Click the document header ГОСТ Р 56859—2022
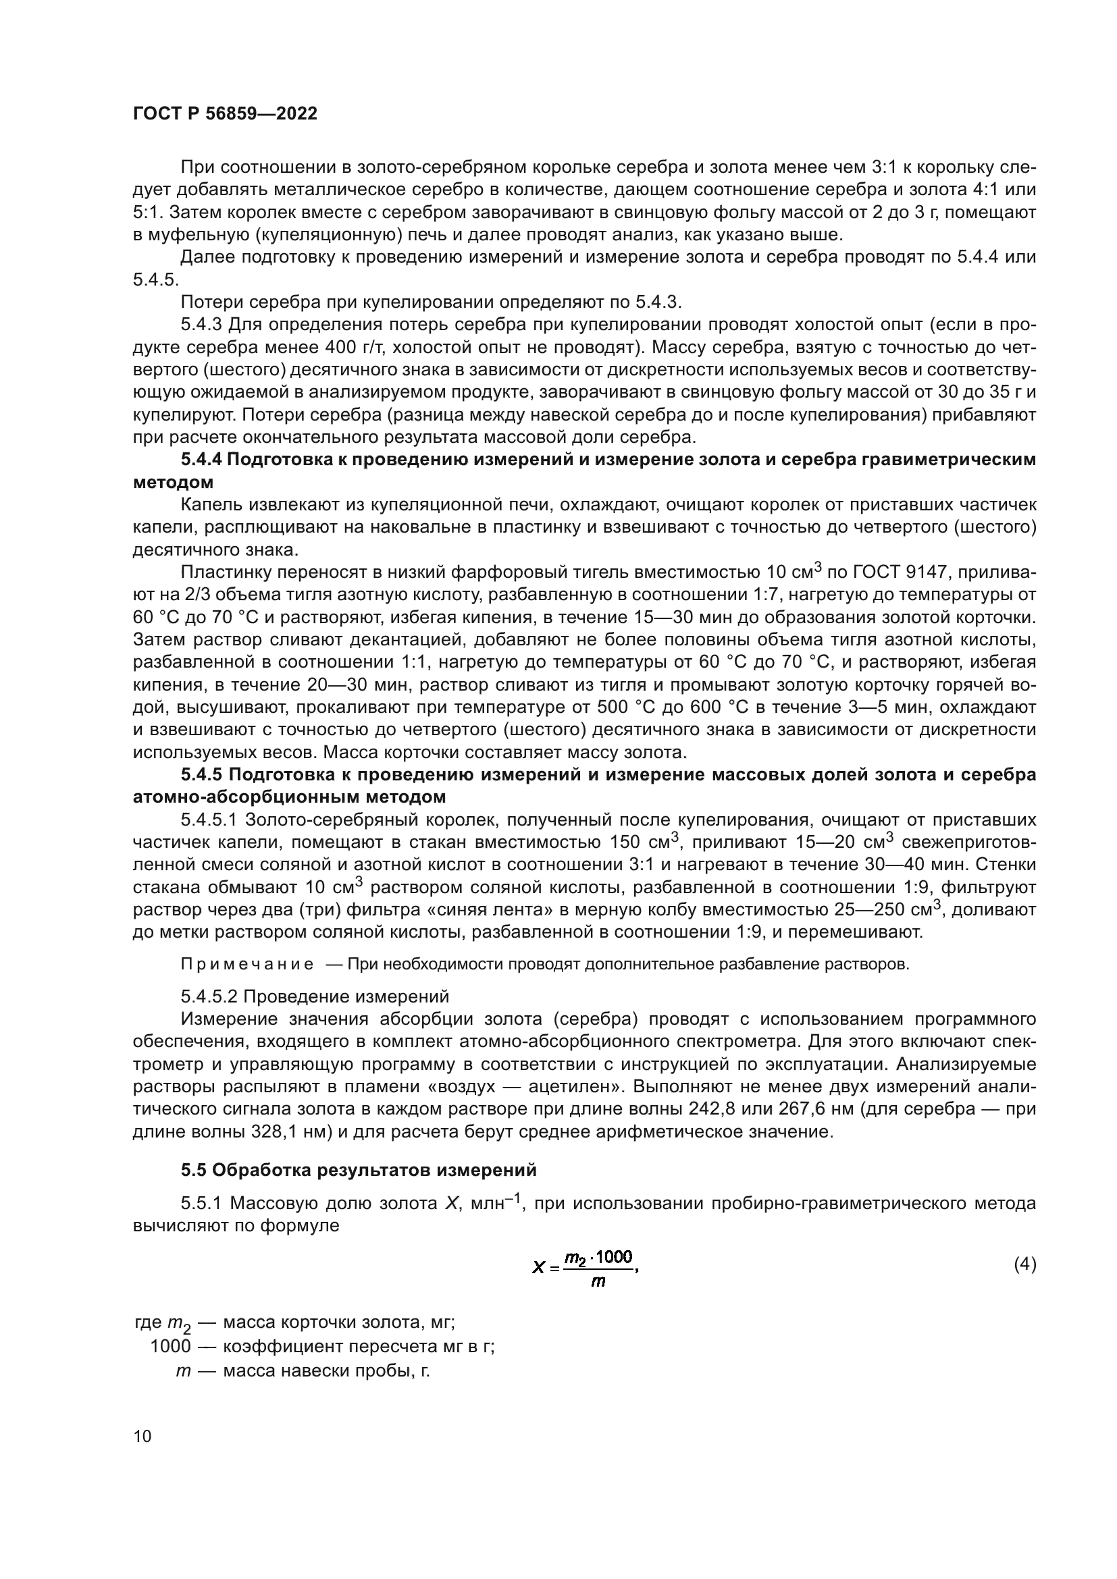[x=225, y=114]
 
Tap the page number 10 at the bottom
[x=142, y=1436]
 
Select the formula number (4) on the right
[x=1025, y=1264]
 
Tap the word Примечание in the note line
[x=247, y=964]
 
